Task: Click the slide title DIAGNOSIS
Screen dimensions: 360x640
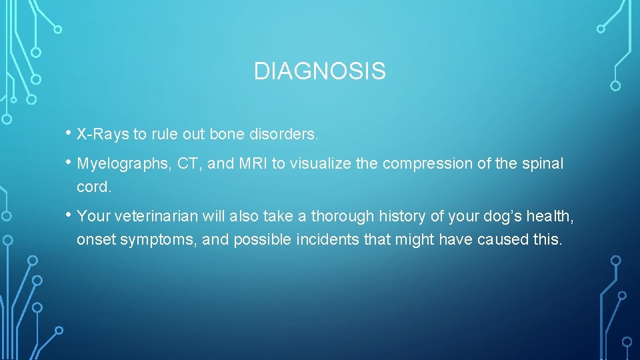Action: pos(319,71)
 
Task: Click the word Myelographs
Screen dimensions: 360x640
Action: pos(125,164)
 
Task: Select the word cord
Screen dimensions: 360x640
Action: pos(93,187)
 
